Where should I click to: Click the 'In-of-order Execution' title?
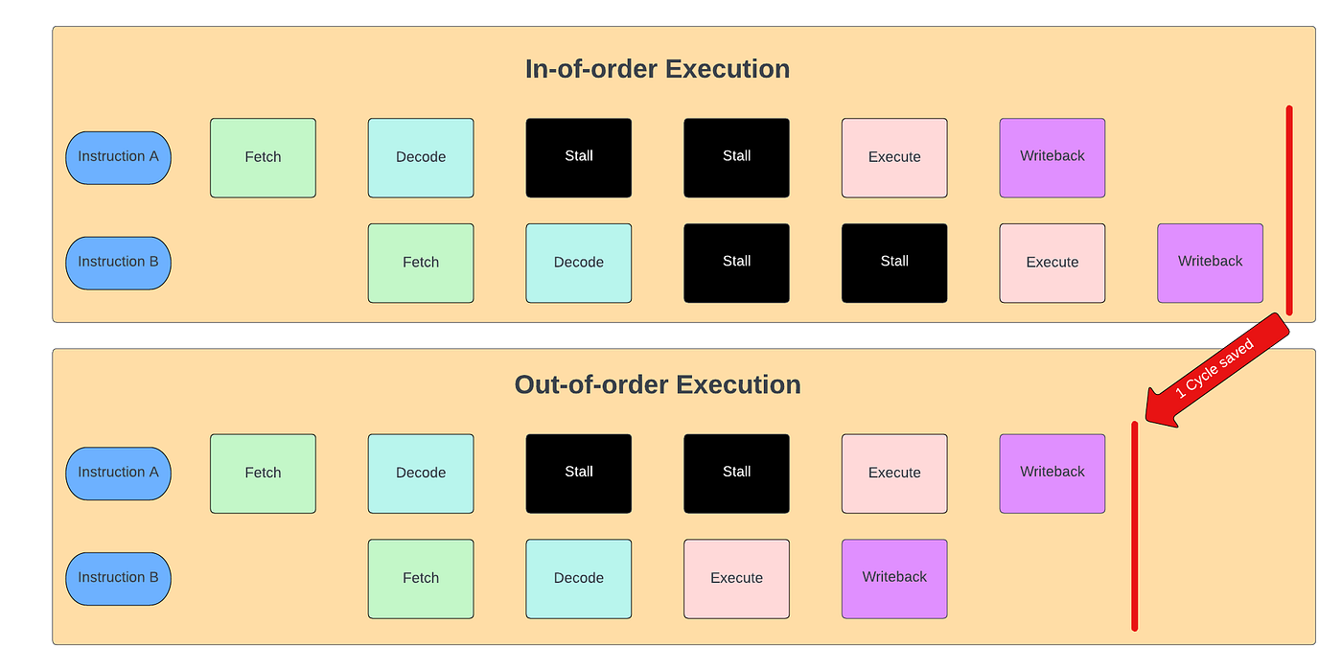point(658,69)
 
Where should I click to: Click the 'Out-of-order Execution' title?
point(658,384)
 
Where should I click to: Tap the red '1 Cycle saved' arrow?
point(1217,369)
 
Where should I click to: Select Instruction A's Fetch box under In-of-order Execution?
point(263,157)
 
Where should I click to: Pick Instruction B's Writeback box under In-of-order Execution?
point(1210,263)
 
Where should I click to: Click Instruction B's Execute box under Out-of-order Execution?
point(736,578)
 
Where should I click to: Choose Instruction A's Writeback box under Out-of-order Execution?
point(1052,473)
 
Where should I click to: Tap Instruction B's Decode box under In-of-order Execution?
point(578,263)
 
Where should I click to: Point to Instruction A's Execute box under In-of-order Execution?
point(894,157)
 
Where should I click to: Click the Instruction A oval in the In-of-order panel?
point(118,157)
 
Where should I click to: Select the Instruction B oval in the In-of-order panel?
point(118,263)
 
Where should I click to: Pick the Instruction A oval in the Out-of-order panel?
point(118,473)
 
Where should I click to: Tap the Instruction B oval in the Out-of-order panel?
point(118,578)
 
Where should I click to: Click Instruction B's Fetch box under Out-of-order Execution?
point(421,578)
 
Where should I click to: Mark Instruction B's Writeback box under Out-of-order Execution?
point(894,578)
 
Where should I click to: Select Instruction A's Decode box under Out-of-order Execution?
point(421,473)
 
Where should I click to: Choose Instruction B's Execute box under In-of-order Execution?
point(1052,263)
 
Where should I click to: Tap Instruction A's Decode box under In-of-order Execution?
point(421,157)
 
